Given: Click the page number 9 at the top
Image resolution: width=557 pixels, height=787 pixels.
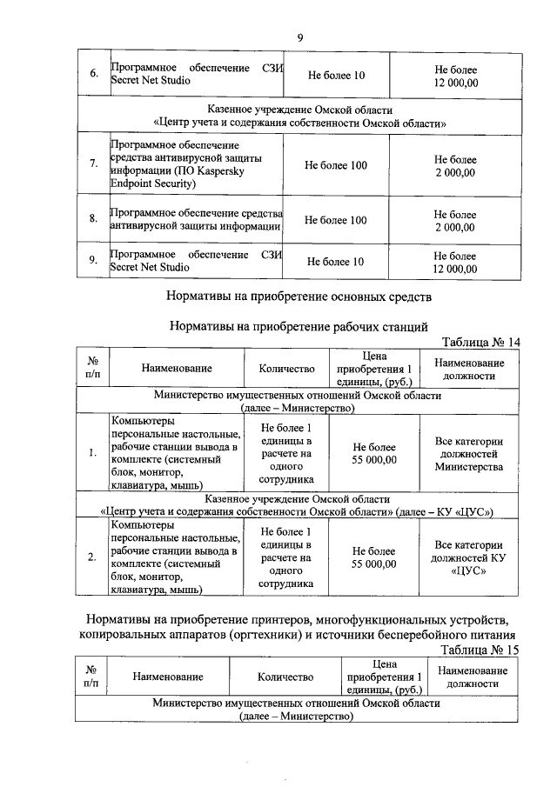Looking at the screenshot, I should [x=299, y=37].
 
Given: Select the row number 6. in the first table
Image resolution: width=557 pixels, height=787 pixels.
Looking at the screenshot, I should [x=93, y=75].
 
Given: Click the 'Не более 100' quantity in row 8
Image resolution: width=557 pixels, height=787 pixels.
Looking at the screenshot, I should [x=335, y=220].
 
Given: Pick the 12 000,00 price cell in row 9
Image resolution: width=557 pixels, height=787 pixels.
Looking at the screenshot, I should [x=455, y=262].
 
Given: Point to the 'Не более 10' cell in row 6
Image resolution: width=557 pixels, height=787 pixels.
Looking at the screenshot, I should [x=335, y=75].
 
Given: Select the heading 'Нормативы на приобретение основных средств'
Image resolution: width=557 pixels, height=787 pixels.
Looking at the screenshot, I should [x=299, y=296].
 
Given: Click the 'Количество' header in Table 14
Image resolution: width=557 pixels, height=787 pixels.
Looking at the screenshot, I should [x=286, y=368].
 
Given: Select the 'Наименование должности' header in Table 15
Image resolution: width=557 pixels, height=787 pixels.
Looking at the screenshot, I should [x=473, y=677].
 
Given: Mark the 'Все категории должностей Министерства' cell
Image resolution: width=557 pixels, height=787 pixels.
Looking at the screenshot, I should [x=469, y=454].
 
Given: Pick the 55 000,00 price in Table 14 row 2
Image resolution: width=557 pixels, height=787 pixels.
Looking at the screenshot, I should [x=374, y=557].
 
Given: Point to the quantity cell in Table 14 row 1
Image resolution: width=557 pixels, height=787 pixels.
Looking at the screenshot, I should [x=286, y=454].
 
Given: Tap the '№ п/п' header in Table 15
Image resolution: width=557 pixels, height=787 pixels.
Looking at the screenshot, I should [x=91, y=677].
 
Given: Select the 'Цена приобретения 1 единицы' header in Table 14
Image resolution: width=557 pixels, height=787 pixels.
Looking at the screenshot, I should [x=374, y=368].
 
